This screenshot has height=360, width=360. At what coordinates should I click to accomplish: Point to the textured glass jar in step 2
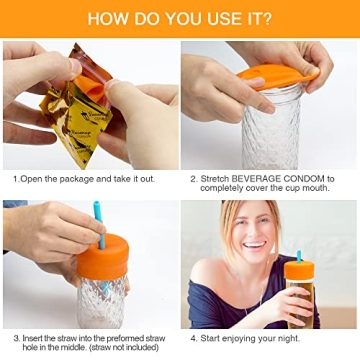coord(271,130)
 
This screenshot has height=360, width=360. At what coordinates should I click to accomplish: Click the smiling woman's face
coord(251,235)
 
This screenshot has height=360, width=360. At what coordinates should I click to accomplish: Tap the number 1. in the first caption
coord(16,179)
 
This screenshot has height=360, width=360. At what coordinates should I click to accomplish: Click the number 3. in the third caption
coord(16,339)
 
